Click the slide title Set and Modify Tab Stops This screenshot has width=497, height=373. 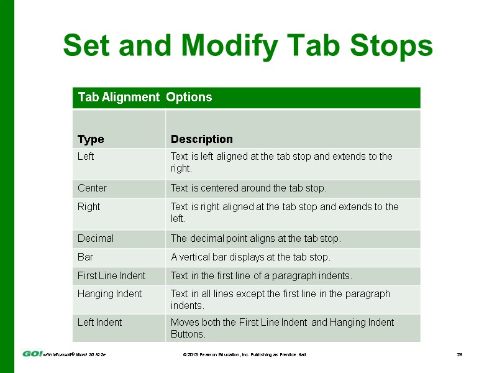point(248,46)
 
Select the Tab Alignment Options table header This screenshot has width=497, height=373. point(145,98)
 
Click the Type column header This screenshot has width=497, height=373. point(91,139)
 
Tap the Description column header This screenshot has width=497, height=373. point(202,139)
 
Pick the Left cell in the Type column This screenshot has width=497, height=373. point(86,157)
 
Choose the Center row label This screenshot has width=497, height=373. point(92,188)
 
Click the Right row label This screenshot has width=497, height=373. point(89,207)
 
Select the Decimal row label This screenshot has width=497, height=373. point(96,238)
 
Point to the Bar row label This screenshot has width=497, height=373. point(85,257)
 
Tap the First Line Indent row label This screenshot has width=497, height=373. point(111,275)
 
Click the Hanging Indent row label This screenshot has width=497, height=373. point(109,294)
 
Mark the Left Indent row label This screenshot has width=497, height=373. point(99,323)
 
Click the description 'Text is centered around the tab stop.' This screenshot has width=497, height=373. point(248,188)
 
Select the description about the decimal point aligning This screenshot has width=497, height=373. point(256,238)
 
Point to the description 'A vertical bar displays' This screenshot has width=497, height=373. point(250,257)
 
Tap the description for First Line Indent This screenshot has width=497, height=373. point(262,275)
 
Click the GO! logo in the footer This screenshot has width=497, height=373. point(32,354)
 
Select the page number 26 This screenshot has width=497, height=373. point(460,354)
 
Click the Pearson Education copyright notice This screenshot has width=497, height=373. point(244,354)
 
